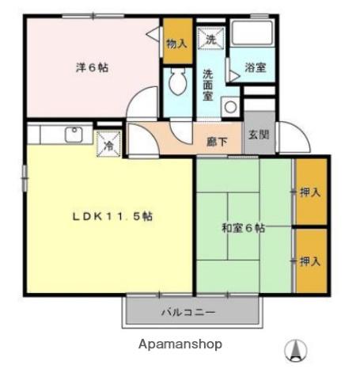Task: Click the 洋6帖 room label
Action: pyautogui.click(x=93, y=68)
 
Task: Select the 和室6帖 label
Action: pyautogui.click(x=243, y=230)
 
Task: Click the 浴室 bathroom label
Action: pyautogui.click(x=255, y=68)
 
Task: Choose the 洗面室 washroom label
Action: pyautogui.click(x=207, y=82)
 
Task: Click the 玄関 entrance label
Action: pyautogui.click(x=258, y=135)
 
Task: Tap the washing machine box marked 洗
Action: pyautogui.click(x=211, y=39)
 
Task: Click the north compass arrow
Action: pyautogui.click(x=296, y=349)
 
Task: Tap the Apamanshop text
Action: pyautogui.click(x=180, y=344)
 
